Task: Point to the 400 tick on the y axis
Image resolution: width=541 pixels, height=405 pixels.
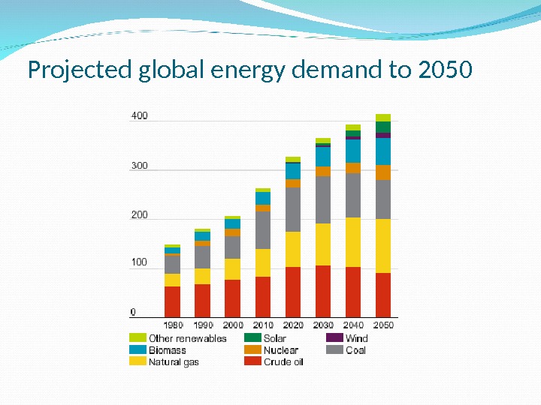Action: click(140, 116)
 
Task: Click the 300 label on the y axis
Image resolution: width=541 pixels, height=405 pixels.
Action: click(140, 166)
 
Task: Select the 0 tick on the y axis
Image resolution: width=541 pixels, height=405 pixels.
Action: click(134, 311)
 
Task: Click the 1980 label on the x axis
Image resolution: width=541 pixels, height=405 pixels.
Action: click(173, 325)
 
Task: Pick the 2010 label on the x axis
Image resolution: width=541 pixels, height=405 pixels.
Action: click(263, 325)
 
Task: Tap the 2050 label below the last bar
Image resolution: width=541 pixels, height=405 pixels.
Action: click(383, 325)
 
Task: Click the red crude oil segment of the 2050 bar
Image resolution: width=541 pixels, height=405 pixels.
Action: click(383, 294)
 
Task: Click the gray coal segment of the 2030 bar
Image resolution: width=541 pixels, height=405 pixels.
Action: click(323, 199)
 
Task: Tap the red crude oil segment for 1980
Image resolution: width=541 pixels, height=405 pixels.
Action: click(173, 301)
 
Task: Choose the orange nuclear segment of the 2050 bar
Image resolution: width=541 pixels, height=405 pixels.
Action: click(383, 172)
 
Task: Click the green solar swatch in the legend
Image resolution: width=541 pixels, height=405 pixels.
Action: click(252, 338)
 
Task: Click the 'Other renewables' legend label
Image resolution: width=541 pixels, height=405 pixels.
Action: click(188, 338)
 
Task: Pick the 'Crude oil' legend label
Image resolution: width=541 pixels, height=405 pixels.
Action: click(283, 361)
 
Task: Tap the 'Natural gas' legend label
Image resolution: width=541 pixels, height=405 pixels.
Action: click(174, 361)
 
